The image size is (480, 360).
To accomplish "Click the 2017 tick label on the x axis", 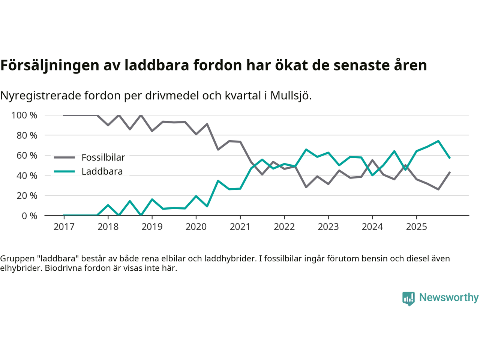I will click(64, 227).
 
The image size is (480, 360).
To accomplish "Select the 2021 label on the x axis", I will click(240, 227).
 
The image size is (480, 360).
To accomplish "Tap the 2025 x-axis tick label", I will click(416, 227).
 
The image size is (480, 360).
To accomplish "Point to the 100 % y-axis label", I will click(24, 115).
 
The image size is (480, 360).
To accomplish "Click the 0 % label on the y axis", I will click(29, 216).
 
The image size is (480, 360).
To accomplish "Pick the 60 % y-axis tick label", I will click(27, 156).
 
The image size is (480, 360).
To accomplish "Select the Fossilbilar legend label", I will click(103, 157).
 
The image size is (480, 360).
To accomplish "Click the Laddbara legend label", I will click(102, 172).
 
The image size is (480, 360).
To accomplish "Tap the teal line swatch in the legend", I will click(64, 172).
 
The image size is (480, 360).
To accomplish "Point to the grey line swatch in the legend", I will click(64, 157).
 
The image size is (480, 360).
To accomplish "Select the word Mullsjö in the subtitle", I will click(291, 96).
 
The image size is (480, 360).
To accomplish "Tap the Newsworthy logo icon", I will click(408, 298).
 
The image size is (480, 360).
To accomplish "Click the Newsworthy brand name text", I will click(449, 298).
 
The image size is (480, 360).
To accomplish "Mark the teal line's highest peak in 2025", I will click(438, 141).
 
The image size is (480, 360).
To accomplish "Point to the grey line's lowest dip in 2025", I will click(438, 189).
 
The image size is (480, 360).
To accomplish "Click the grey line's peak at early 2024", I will click(372, 160).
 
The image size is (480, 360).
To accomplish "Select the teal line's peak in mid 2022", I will click(306, 149).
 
